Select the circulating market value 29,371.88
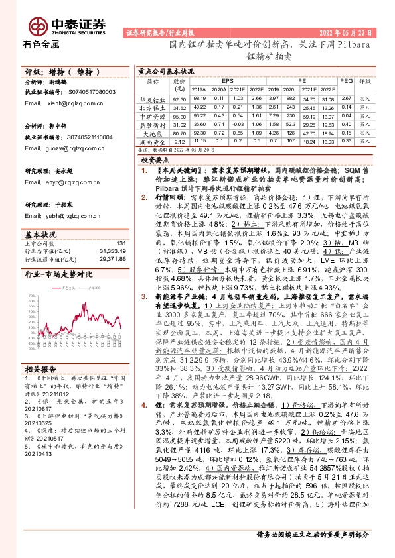[112, 258]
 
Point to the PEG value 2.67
[345, 97]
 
